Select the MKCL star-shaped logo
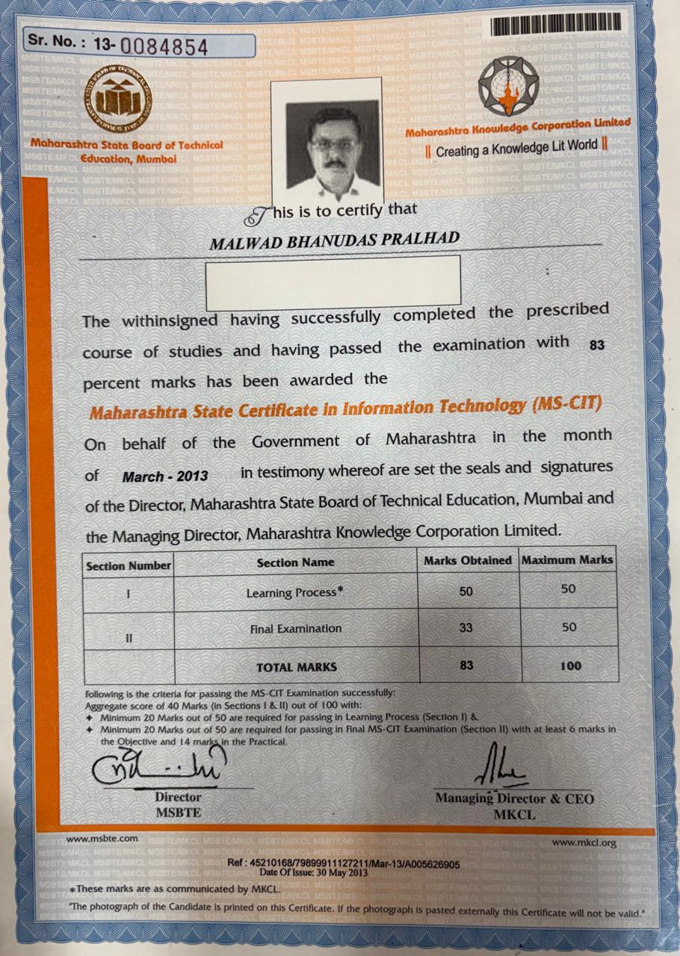coord(508,87)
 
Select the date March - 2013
coord(165,476)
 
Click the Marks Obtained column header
coord(468,560)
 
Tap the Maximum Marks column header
coord(567,559)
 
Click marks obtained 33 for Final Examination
coord(466,628)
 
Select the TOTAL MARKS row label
coord(297,667)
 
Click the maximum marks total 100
coord(570,665)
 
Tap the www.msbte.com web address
coord(92,839)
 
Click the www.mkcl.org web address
coord(584,842)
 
